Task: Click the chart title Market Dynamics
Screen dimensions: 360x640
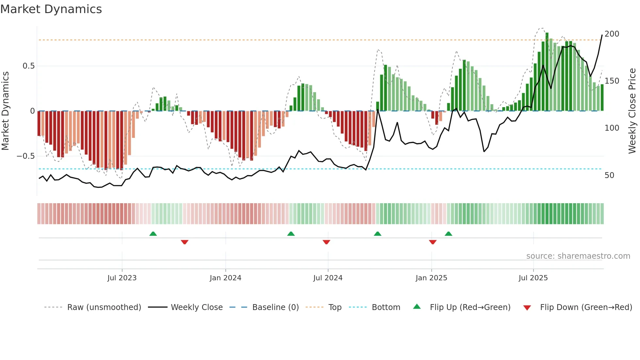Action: (x=51, y=9)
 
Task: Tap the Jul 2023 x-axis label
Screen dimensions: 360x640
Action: (x=122, y=278)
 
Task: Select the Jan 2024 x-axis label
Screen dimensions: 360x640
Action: (x=225, y=278)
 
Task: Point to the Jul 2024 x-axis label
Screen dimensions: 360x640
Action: (x=328, y=278)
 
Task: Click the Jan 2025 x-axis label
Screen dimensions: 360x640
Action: (x=431, y=278)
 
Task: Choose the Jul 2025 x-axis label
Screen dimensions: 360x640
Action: (x=533, y=278)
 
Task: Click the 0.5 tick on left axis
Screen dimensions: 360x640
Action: (x=28, y=66)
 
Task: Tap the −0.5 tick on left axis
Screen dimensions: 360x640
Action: (x=26, y=156)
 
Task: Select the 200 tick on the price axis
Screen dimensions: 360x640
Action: (x=612, y=34)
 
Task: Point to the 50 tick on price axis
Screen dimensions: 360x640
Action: (x=609, y=175)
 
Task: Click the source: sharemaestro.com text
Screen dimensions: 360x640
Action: (x=578, y=256)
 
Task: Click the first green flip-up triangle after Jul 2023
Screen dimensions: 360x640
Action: (x=153, y=234)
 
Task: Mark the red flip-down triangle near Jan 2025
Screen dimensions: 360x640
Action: (x=433, y=242)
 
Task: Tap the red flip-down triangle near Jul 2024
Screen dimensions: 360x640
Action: (x=326, y=242)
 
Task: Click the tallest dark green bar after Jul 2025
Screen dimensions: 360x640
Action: (x=547, y=72)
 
